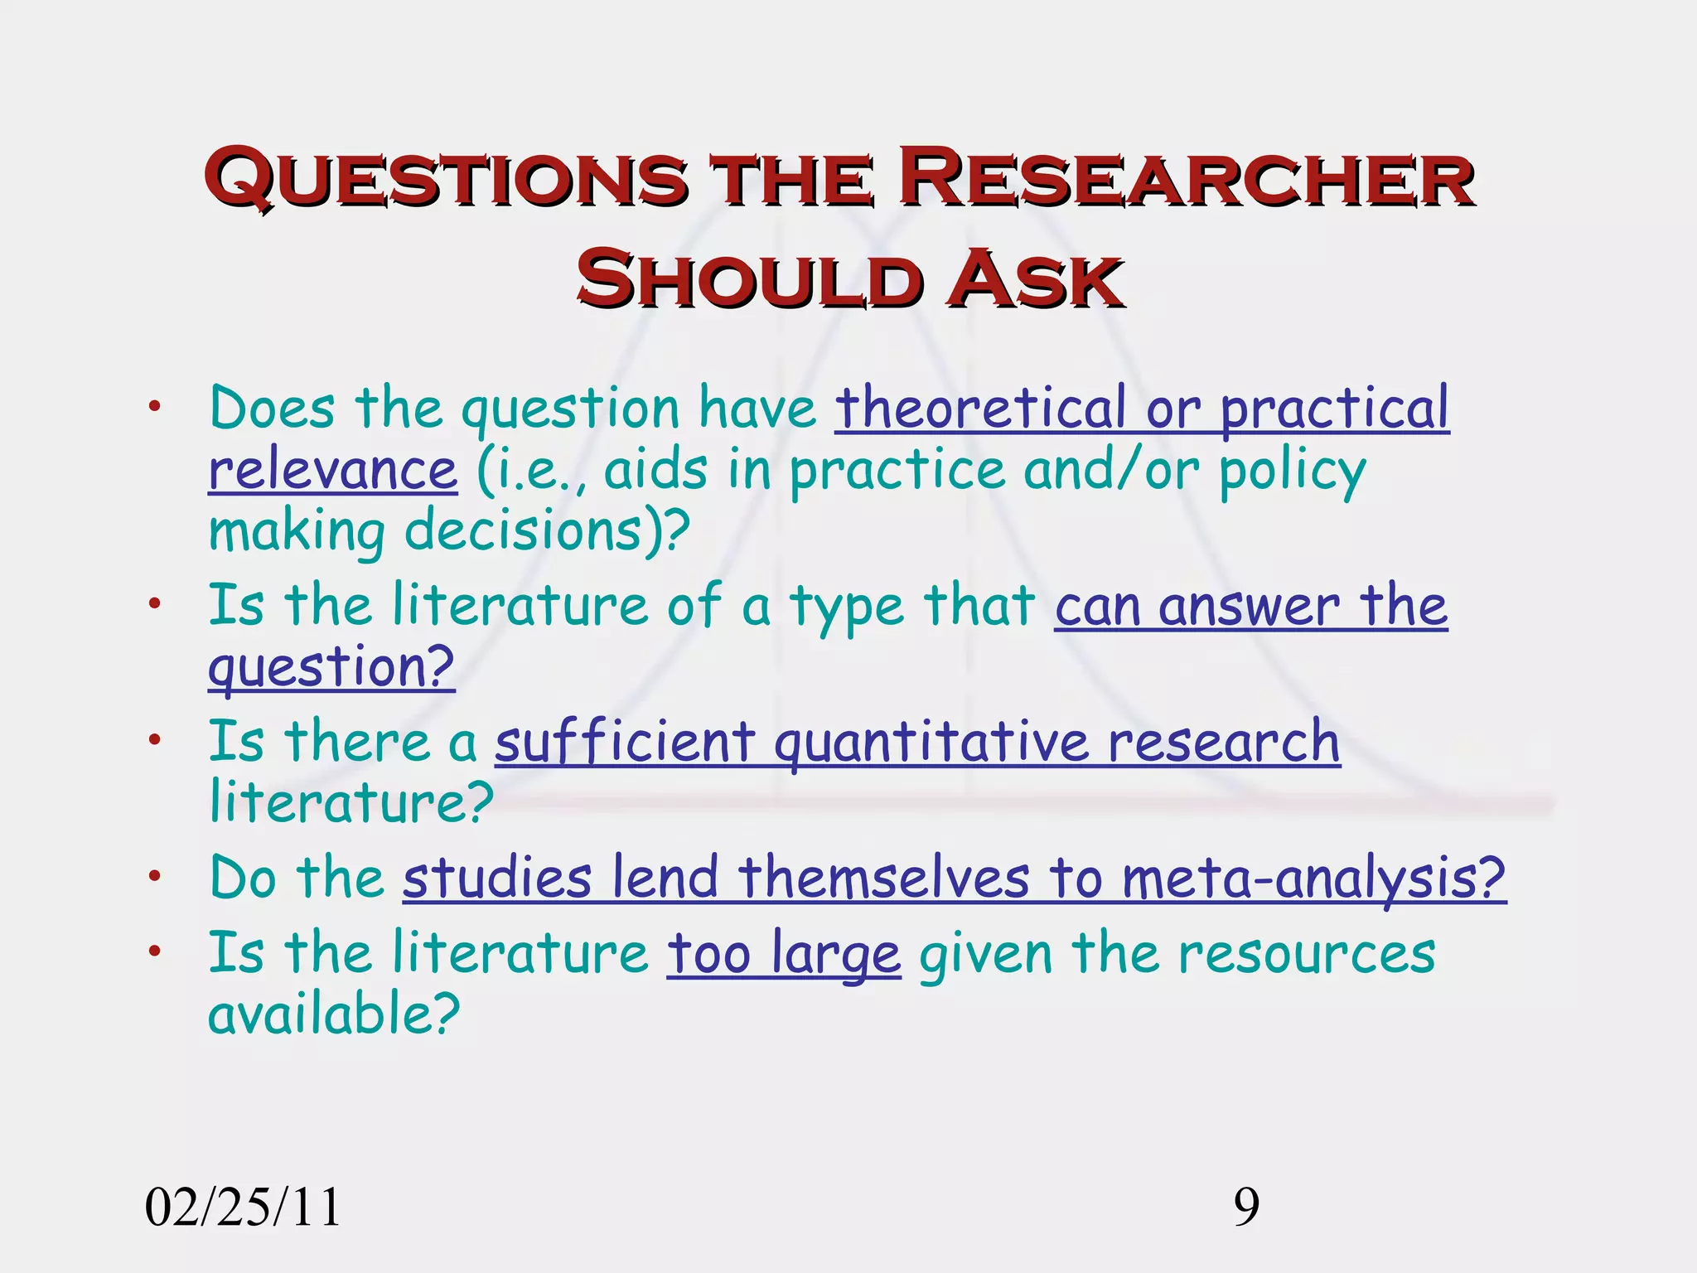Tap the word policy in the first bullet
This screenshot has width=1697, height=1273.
[1292, 472]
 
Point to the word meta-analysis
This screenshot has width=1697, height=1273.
[1313, 878]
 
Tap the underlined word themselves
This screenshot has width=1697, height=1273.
[883, 878]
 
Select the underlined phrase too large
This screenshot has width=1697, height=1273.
[783, 955]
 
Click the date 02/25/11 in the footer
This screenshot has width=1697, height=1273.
[243, 1207]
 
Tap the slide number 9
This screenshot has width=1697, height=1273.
[1246, 1207]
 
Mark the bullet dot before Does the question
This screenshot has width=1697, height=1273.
[154, 406]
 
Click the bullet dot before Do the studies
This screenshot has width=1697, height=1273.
[154, 876]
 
